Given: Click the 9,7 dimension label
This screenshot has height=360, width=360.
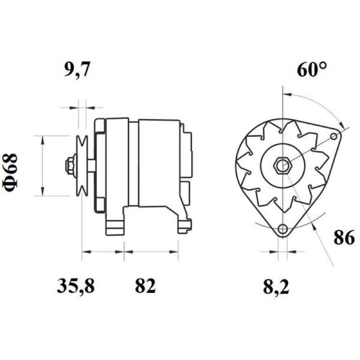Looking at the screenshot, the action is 76,69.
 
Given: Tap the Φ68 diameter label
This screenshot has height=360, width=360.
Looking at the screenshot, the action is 10,172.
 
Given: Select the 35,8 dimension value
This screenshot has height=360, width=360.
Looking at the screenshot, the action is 76,286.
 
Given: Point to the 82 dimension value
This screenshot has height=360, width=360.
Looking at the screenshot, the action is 145,286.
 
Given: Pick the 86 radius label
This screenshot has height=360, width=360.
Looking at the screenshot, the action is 344,238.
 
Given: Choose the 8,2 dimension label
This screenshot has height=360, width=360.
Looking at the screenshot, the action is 276,287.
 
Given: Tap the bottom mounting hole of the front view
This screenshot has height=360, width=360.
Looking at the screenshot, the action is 283,229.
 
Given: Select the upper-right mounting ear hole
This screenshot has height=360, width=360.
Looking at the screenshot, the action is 334,137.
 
